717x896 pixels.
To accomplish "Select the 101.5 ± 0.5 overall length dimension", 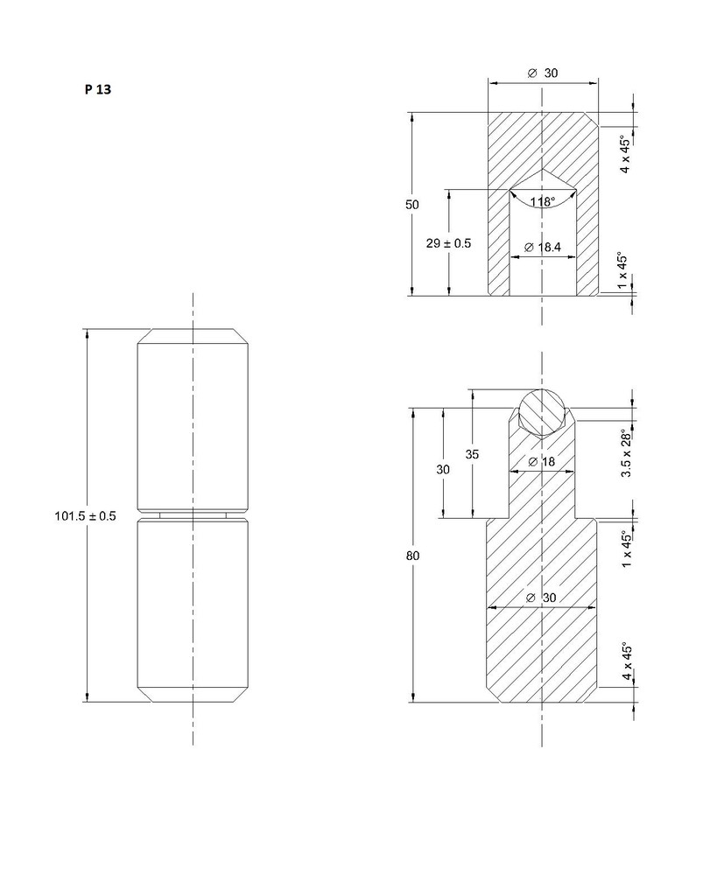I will point(85,516).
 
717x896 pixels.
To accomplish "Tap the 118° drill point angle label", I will point(542,202).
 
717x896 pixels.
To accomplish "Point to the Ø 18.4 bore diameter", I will point(543,248).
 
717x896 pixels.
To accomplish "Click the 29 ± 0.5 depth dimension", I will point(448,243).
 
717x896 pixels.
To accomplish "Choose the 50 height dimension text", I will point(411,204).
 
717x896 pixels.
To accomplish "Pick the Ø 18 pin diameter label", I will point(543,461).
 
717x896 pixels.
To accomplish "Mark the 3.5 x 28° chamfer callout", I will point(625,453).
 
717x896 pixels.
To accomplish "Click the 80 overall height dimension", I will point(411,556).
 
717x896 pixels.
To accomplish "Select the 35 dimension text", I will point(472,454).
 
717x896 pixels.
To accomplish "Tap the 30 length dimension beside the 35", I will point(443,469).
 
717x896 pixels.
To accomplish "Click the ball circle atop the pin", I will point(542,409).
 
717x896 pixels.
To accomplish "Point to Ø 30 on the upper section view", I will point(543,73).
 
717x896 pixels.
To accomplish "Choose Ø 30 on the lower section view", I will point(543,597).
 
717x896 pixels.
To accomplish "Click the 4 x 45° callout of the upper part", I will point(625,155).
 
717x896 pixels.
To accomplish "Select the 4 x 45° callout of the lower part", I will point(625,662).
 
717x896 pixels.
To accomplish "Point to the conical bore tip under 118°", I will point(543,171).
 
